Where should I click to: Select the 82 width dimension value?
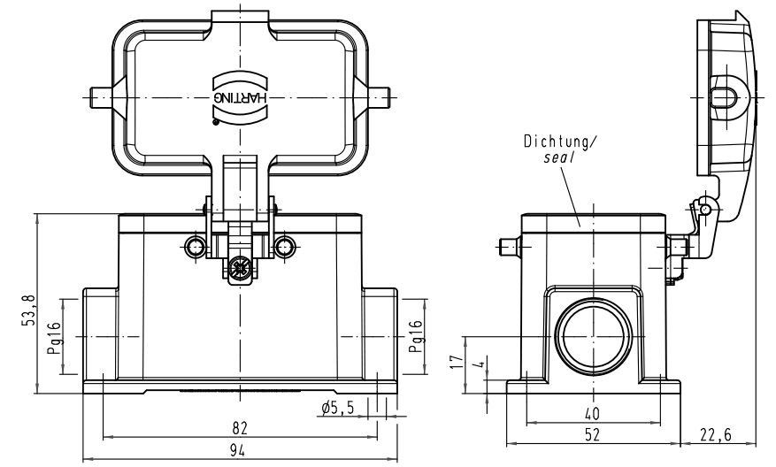(x=238, y=427)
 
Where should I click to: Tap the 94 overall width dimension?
(x=238, y=450)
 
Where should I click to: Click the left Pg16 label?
(x=54, y=337)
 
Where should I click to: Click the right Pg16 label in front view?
(x=415, y=337)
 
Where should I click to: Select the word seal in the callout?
(x=559, y=157)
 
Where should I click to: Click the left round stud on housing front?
(x=194, y=246)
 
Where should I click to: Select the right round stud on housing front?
(x=284, y=246)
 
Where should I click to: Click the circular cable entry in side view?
(x=590, y=337)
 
